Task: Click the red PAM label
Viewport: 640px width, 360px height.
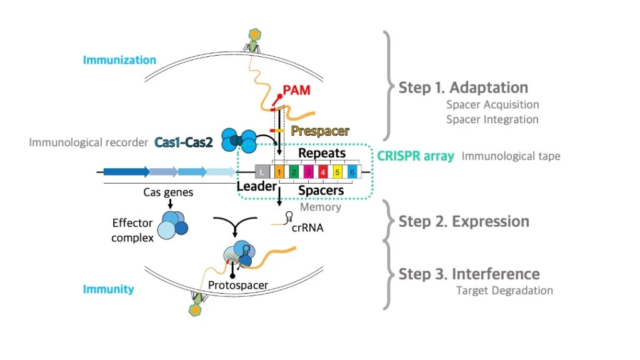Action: coord(297,91)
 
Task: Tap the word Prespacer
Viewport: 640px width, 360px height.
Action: coord(320,131)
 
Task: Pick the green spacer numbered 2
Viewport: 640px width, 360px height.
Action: coord(293,171)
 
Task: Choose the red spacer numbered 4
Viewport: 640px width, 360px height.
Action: coord(322,171)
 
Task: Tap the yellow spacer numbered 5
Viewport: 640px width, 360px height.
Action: coord(337,171)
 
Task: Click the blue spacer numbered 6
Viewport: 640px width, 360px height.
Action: coord(352,171)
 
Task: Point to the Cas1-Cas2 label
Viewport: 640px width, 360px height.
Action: coord(183,142)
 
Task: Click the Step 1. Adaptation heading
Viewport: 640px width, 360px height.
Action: coord(463,87)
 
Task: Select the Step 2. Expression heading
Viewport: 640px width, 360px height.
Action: coord(464,221)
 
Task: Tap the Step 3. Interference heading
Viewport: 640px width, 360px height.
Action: coord(469,274)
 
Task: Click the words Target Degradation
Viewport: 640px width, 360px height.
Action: coord(504,290)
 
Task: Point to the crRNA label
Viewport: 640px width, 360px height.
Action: coord(307,228)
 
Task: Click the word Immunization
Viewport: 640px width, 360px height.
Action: coord(119,60)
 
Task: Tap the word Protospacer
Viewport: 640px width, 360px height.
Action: coord(239,286)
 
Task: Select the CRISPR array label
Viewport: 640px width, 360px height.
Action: coord(416,156)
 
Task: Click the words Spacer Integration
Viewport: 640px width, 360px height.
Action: coord(492,119)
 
